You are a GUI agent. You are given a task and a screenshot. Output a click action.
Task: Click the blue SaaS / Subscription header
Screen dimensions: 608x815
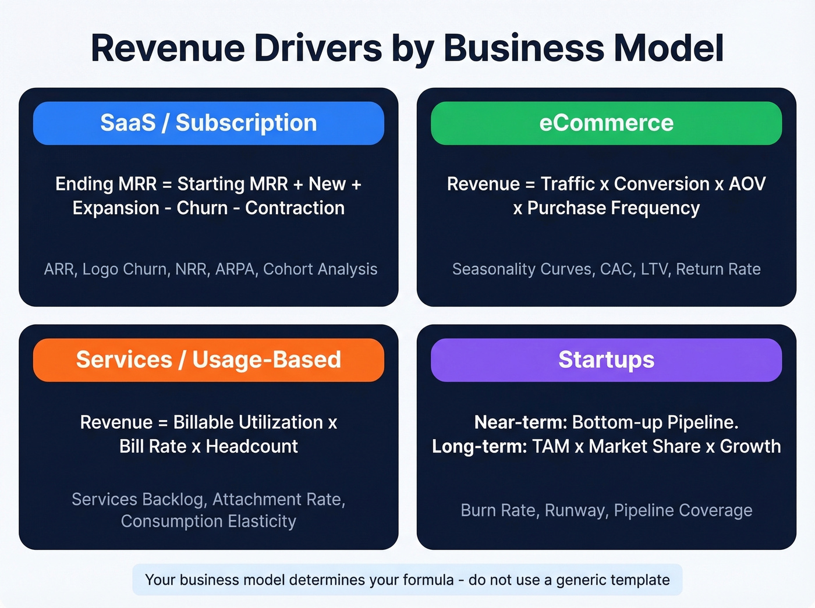pos(208,123)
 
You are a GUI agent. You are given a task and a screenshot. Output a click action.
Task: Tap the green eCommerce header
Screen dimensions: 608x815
pos(606,123)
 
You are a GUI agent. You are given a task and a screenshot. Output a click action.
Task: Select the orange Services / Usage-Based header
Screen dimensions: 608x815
pos(208,360)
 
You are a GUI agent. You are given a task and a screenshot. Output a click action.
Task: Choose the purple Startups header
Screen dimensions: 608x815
pos(606,360)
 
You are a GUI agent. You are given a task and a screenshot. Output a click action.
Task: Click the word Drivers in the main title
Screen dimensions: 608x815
pos(318,48)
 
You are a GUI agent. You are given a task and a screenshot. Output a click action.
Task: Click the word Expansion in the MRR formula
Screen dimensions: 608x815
pos(116,208)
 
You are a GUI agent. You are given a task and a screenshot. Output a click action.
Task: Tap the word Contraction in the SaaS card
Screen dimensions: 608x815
pos(295,208)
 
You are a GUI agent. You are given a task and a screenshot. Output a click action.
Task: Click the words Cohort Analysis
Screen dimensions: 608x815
pos(320,269)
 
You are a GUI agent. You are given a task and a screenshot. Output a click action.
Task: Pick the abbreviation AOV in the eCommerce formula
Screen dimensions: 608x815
pos(747,184)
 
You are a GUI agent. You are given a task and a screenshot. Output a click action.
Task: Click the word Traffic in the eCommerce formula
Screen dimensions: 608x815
pos(568,184)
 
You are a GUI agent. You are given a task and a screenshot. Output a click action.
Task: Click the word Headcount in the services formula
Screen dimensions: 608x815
pos(251,447)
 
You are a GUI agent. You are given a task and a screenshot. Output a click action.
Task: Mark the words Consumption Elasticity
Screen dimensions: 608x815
pos(208,521)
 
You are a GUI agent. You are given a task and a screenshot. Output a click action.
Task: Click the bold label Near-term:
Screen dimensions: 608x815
pos(520,422)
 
